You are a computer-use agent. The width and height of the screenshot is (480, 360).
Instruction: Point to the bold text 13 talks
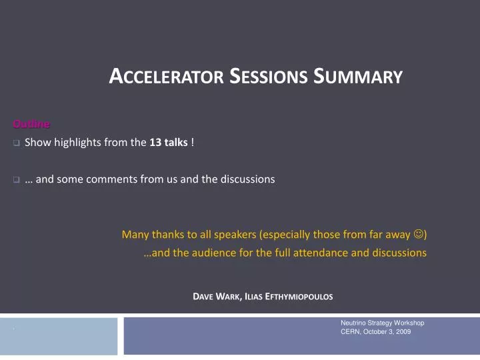click(169, 143)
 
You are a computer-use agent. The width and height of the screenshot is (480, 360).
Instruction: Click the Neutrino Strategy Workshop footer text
click(382, 323)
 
